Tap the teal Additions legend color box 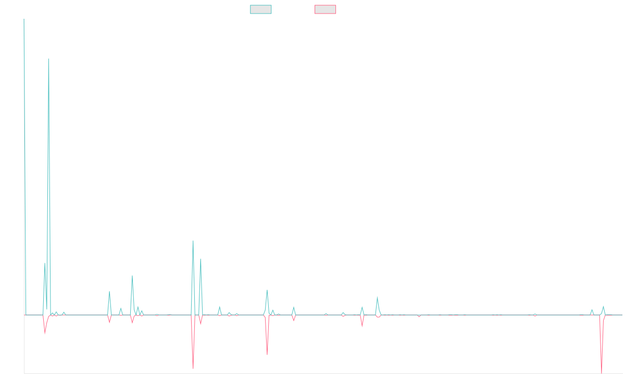(261, 9)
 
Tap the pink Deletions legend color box (326, 9)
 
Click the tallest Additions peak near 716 (48, 59)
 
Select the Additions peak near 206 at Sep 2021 (193, 241)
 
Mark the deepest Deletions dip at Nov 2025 (602, 372)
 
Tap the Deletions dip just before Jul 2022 (267, 355)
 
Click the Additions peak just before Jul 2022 (267, 290)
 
